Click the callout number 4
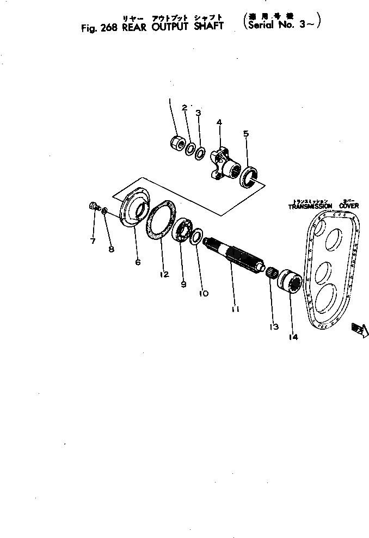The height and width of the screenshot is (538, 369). pyautogui.click(x=219, y=123)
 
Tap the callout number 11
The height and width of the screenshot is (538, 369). pyautogui.click(x=235, y=309)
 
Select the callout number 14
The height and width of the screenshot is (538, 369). pyautogui.click(x=293, y=337)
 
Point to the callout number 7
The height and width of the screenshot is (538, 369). pyautogui.click(x=93, y=240)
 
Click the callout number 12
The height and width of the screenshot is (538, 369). pyautogui.click(x=164, y=274)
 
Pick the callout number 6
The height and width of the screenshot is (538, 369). pyautogui.click(x=138, y=262)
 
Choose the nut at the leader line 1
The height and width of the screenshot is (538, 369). pyautogui.click(x=177, y=143)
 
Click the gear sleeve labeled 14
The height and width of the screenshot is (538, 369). pyautogui.click(x=291, y=283)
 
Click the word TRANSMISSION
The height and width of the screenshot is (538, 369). pyautogui.click(x=310, y=206)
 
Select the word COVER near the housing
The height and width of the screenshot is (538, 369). pyautogui.click(x=349, y=206)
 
